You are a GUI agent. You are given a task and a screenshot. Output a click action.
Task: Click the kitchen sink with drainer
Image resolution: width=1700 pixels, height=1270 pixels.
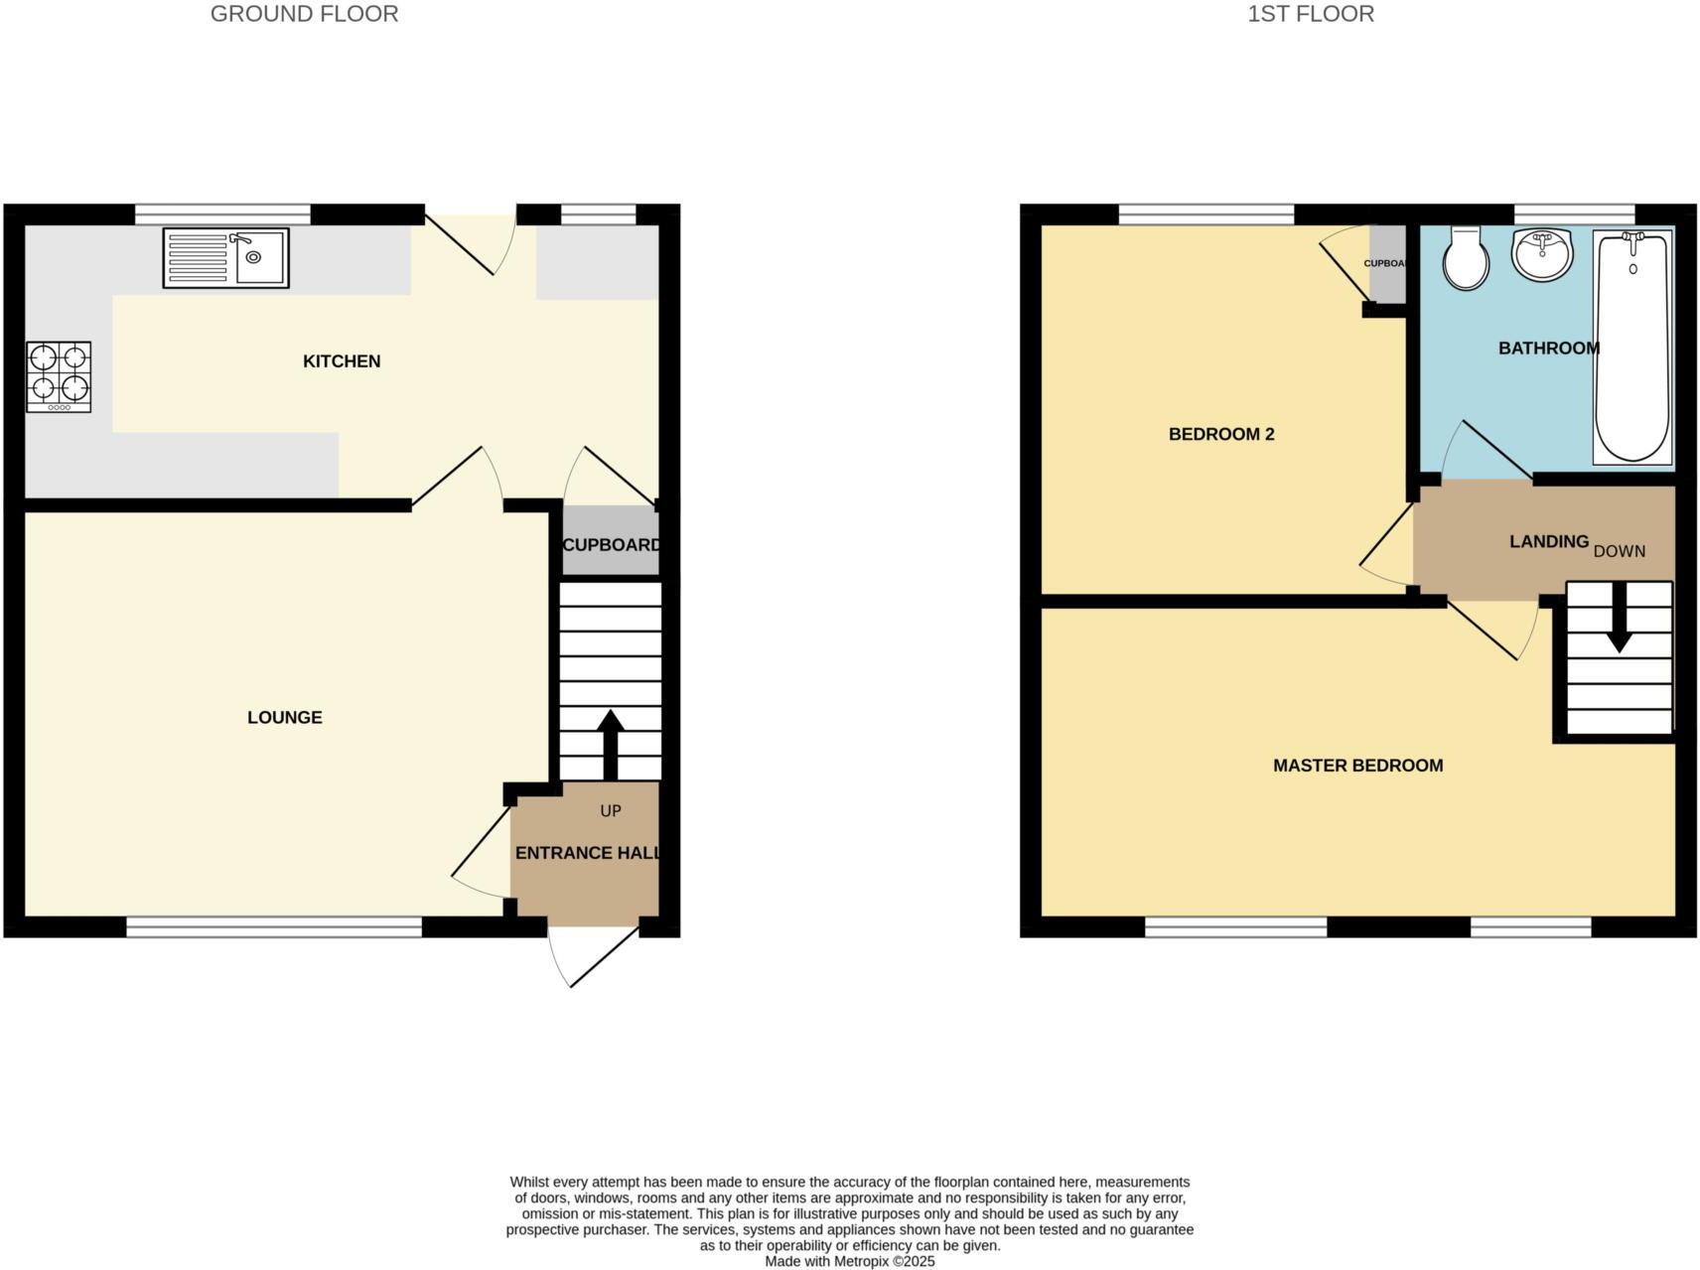(225, 258)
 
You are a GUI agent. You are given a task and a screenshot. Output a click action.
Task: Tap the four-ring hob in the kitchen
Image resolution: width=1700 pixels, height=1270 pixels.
(59, 376)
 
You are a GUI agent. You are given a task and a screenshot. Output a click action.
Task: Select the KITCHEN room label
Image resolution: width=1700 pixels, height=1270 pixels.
(342, 361)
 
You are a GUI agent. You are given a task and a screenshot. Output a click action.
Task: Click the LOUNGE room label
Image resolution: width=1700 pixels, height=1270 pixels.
(285, 717)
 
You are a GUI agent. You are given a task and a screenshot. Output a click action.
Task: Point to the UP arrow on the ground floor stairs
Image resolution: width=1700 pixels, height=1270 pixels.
(610, 745)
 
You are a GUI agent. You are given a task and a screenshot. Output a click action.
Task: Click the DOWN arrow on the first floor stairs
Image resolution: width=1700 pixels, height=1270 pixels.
(1620, 619)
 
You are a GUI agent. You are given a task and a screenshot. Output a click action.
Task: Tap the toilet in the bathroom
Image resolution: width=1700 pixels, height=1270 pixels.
(1466, 258)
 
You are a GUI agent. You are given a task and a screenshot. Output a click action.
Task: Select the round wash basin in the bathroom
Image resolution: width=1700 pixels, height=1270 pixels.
(1542, 253)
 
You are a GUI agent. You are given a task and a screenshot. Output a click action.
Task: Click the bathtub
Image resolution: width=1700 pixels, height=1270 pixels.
(1632, 348)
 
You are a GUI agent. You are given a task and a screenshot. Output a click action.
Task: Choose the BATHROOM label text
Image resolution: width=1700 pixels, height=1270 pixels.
(1548, 349)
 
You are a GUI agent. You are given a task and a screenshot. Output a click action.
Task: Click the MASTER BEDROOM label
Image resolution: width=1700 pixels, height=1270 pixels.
(1357, 766)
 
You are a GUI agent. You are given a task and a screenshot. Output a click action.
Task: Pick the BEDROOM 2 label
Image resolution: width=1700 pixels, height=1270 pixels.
(1221, 434)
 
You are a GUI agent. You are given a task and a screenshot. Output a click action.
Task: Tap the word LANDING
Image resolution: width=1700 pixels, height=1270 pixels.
(1548, 541)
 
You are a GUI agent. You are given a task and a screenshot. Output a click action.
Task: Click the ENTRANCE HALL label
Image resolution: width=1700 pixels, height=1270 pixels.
(587, 853)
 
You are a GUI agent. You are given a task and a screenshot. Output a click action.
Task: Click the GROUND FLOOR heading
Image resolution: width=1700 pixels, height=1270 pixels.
(304, 14)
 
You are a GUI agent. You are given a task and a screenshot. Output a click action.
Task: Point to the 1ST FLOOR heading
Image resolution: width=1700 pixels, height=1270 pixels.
(1311, 14)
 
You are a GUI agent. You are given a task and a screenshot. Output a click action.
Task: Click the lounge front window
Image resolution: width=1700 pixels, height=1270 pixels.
(274, 927)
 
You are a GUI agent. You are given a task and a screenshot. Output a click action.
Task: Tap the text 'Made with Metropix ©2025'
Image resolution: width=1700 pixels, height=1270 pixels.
(849, 1262)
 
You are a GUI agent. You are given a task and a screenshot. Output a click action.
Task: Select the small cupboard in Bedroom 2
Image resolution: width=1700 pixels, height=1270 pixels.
(1387, 264)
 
